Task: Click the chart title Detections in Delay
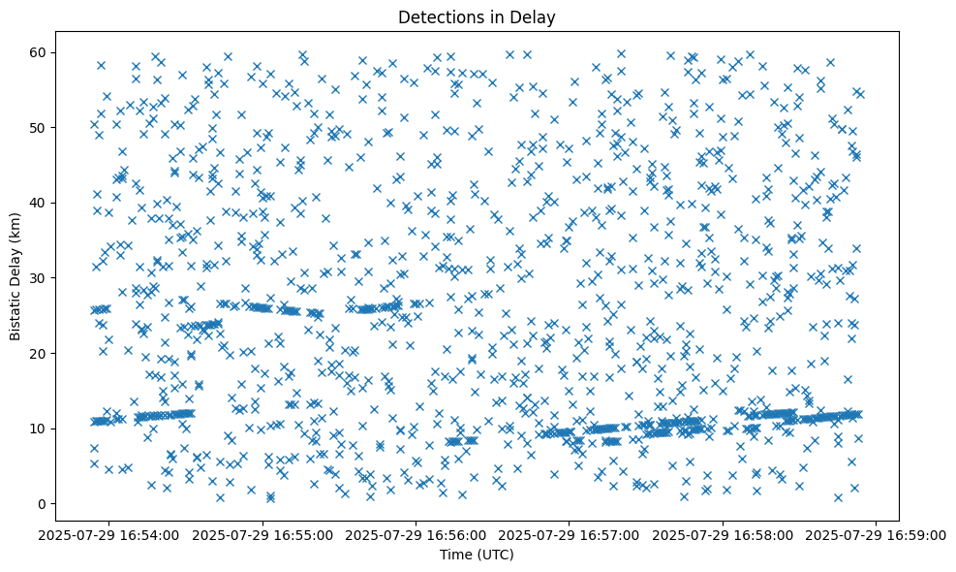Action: [x=478, y=16]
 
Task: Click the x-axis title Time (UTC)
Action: [x=478, y=556]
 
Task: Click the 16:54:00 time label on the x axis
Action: [x=108, y=534]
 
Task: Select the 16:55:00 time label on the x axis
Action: [x=262, y=534]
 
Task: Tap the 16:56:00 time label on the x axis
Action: [x=416, y=534]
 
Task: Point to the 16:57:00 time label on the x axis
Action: [x=570, y=534]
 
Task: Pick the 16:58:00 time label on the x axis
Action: [x=724, y=534]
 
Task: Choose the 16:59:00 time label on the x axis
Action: [x=877, y=534]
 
